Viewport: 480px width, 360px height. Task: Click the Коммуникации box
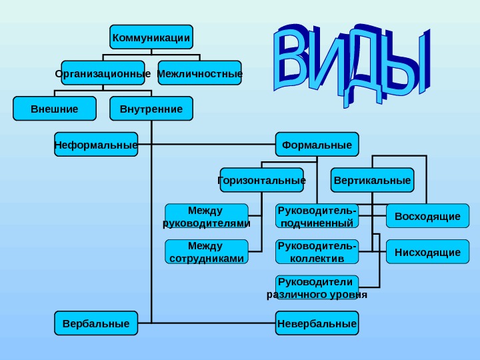click(151, 37)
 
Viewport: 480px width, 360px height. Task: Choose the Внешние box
click(55, 109)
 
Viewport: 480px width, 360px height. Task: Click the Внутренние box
click(151, 109)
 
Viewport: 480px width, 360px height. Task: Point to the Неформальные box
click(96, 144)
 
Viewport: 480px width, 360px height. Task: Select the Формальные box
click(317, 144)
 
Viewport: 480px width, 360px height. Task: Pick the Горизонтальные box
click(262, 180)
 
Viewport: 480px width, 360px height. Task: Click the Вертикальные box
click(372, 180)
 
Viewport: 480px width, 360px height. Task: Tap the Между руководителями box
click(207, 216)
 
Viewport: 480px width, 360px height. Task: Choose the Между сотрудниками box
click(207, 251)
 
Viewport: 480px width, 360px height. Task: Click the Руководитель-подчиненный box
click(317, 216)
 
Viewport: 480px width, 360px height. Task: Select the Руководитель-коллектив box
click(317, 251)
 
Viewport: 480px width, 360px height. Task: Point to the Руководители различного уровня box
click(317, 287)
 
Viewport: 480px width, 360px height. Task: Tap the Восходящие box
click(427, 216)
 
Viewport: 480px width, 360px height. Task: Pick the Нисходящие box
click(427, 252)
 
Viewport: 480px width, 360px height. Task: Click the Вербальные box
click(96, 323)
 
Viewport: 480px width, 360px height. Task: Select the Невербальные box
click(317, 323)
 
